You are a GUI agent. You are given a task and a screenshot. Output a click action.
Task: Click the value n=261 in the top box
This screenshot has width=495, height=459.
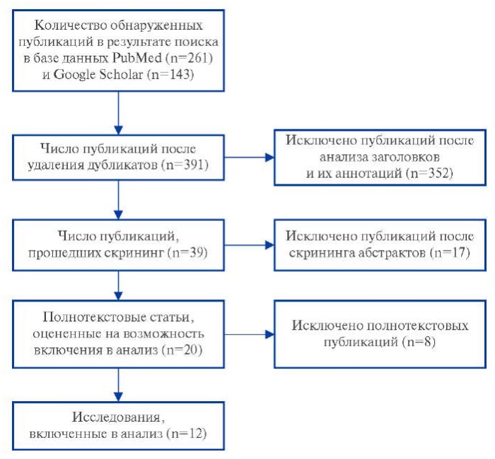(x=191, y=58)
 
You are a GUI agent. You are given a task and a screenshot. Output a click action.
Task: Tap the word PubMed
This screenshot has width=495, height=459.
(x=137, y=58)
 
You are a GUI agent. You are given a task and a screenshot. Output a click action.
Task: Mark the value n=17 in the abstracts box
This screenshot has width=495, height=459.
(x=452, y=253)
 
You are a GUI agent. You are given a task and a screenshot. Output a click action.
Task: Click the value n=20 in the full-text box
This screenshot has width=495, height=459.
(x=184, y=350)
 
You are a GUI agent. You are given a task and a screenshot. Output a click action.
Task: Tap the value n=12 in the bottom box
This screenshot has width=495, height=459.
(x=189, y=434)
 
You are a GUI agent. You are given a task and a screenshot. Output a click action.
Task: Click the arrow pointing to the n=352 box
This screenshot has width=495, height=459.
(x=249, y=157)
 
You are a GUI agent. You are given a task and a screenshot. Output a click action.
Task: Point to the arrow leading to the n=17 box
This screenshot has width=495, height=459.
(x=249, y=245)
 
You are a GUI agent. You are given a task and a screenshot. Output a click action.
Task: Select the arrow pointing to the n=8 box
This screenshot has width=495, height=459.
(x=249, y=335)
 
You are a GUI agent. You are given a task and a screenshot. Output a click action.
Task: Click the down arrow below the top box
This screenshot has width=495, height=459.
(x=118, y=113)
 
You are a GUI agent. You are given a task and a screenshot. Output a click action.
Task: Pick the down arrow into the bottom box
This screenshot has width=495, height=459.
(x=118, y=385)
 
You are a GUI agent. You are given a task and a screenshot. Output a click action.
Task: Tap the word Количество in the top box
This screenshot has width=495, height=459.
(x=70, y=25)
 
